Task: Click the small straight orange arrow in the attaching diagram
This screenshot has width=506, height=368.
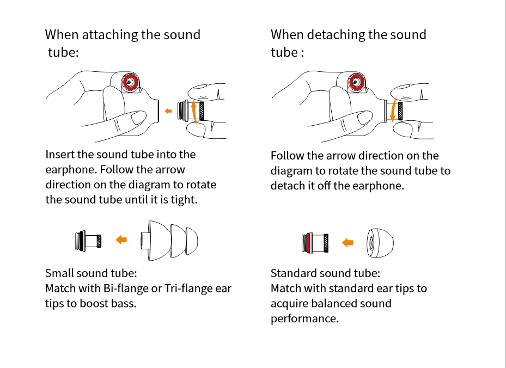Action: [168, 111]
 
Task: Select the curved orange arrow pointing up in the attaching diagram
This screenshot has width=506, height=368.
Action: [193, 112]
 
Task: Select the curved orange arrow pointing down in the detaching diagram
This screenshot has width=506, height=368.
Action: [393, 109]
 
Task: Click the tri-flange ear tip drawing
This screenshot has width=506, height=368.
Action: [169, 241]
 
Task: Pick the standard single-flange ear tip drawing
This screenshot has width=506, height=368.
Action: [380, 243]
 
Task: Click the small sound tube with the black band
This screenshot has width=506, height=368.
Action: [88, 241]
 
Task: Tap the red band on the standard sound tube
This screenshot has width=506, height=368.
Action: [308, 243]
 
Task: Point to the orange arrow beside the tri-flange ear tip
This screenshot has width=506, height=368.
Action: [121, 240]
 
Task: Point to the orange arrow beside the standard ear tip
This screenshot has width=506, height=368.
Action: [348, 242]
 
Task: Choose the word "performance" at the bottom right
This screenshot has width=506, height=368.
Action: [304, 318]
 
